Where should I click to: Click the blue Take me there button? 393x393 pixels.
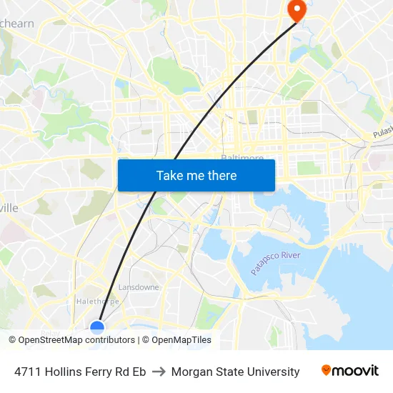196,175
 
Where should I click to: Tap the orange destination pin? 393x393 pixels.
296,9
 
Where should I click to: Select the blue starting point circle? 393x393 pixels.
97,328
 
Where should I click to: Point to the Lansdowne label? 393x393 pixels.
139,287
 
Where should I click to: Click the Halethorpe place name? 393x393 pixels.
97,302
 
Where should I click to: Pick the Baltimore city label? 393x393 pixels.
242,157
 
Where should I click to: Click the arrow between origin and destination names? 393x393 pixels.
159,372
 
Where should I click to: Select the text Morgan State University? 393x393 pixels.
235,372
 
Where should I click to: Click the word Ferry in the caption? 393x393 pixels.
99,372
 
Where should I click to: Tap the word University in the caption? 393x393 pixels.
274,372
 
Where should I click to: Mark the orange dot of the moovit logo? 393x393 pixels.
327,370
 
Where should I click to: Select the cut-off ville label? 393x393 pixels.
9,207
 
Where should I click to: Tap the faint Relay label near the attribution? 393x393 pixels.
50,332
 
